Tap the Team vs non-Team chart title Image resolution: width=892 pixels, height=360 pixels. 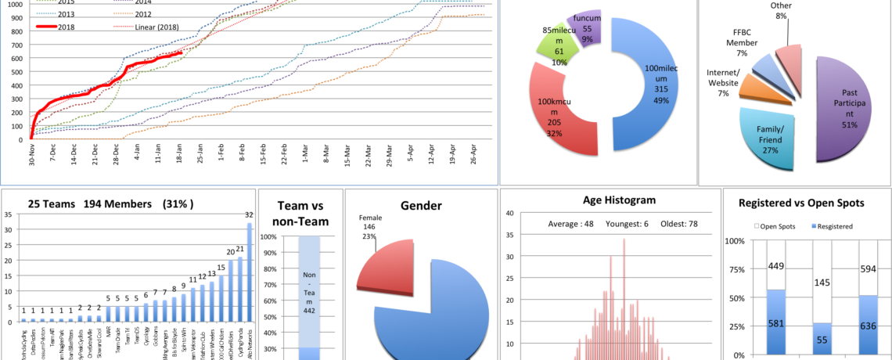[x=300, y=214]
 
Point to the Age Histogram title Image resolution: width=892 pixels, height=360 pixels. [x=608, y=201]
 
